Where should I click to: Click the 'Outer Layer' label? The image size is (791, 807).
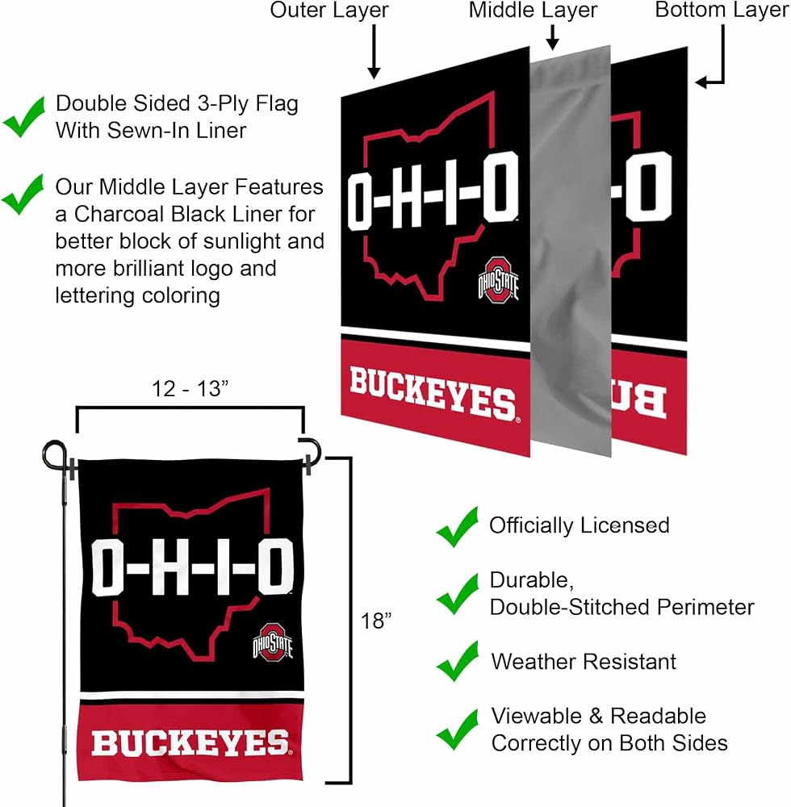coord(329,10)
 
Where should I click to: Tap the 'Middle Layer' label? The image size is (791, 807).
coord(533,10)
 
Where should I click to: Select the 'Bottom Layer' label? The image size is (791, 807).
coord(722,10)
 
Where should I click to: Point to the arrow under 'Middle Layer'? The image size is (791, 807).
coord(553,37)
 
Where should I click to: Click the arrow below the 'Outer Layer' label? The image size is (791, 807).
coord(375,52)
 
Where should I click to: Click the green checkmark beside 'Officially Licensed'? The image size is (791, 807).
coord(457,526)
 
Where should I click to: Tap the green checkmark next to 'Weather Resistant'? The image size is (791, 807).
coord(457,662)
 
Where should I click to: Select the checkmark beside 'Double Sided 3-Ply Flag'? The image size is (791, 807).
coord(23,117)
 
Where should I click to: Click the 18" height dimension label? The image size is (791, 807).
coord(375,621)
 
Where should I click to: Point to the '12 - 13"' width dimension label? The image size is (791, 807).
coord(190,389)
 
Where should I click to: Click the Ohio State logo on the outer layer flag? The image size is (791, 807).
coord(498,280)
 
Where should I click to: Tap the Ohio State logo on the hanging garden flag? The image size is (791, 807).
coord(272,642)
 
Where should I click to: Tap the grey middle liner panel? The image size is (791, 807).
coord(570,251)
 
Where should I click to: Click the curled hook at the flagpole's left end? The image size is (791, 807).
coord(54,454)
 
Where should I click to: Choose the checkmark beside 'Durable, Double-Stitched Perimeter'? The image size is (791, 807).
coord(457,594)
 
